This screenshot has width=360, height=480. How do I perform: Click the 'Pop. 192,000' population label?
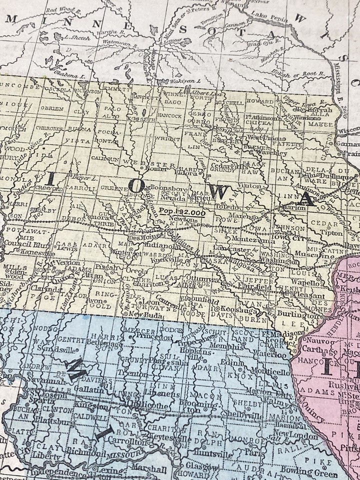pos(183,212)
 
